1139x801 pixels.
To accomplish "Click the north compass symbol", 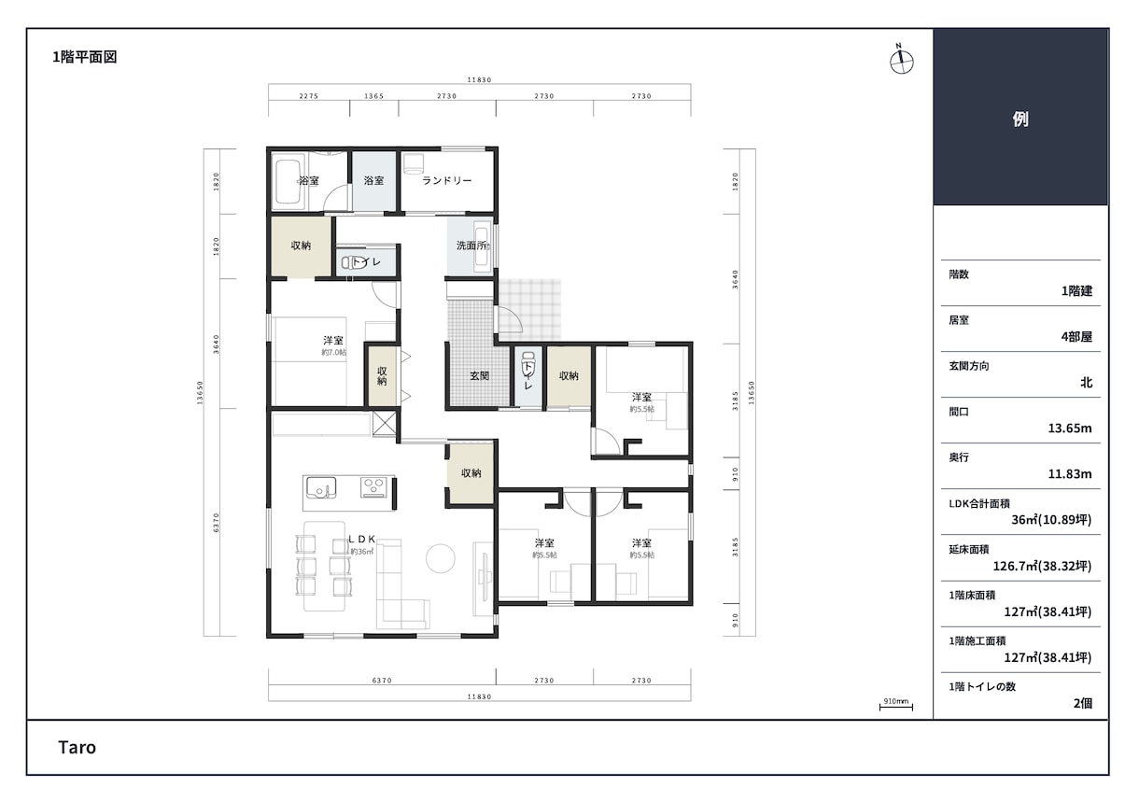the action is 901,60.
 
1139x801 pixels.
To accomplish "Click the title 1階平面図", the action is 84,57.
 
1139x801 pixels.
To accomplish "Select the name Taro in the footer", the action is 77,747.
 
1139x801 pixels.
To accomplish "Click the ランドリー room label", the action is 447,180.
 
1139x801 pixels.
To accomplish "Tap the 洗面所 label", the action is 472,246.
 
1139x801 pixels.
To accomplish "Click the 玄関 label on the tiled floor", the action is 480,376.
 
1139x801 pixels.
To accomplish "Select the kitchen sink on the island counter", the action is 320,488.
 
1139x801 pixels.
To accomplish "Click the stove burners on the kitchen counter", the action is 373,486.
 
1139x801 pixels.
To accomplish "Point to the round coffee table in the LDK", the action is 441,558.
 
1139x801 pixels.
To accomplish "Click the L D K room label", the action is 361,539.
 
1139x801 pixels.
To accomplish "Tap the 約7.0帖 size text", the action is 333,353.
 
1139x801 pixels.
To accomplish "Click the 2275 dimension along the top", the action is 309,96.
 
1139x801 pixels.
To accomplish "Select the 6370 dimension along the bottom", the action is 382,681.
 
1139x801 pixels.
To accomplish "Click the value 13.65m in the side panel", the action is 1070,429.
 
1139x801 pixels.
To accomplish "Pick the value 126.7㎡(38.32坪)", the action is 1043,566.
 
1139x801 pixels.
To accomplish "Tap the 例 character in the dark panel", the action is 1020,119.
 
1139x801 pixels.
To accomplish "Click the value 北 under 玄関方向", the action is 1086,383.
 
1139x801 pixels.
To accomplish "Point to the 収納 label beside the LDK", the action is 471,473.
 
